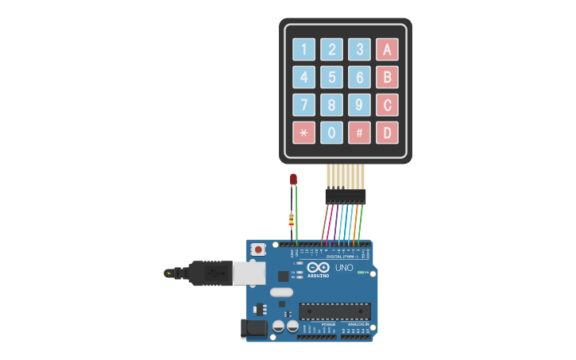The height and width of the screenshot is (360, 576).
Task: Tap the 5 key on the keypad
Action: point(332,77)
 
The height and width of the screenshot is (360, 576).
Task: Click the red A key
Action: point(387,49)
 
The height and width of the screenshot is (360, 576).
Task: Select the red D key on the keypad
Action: point(387,133)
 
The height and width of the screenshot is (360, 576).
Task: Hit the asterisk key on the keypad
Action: point(304,133)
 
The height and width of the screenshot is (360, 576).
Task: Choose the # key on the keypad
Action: point(359,133)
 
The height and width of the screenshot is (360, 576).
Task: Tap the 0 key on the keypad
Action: point(332,133)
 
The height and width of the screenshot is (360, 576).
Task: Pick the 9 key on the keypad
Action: point(359,105)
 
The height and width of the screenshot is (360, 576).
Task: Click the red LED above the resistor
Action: point(293,180)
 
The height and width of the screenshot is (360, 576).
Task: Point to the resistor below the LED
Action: point(292,219)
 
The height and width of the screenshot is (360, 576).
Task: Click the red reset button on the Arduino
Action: point(257,250)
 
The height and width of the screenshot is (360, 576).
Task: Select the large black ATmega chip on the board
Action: point(334,311)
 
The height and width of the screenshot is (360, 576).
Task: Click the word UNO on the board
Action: point(344,268)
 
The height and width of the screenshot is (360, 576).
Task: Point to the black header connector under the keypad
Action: point(345,195)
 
